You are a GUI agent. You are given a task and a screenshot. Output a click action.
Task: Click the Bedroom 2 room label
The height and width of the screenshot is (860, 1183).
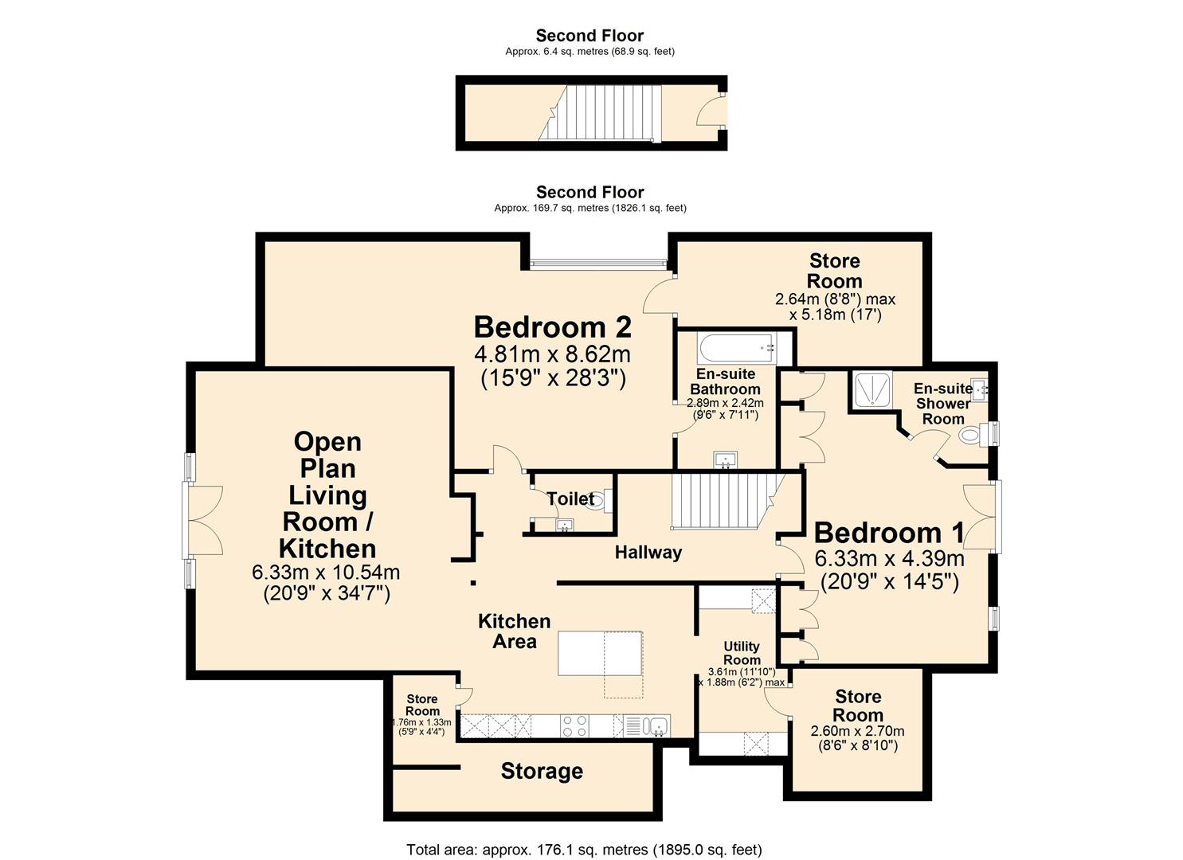pyautogui.click(x=552, y=327)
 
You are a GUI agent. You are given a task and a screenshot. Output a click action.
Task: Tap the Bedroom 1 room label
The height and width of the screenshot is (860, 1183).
pyautogui.click(x=888, y=533)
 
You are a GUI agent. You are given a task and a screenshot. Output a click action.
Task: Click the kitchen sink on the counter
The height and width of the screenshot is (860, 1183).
pyautogui.click(x=656, y=725)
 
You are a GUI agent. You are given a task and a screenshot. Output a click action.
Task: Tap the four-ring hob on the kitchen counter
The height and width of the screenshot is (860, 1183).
pyautogui.click(x=575, y=725)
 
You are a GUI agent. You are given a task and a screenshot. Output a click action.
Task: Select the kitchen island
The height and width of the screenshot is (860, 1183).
pyautogui.click(x=600, y=652)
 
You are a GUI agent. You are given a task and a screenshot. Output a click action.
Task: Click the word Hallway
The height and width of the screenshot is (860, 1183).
pyautogui.click(x=648, y=553)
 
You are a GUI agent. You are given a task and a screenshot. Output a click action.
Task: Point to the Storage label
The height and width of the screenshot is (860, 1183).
pyautogui.click(x=542, y=771)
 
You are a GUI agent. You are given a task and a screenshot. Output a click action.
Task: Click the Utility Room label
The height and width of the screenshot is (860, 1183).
pyautogui.click(x=741, y=653)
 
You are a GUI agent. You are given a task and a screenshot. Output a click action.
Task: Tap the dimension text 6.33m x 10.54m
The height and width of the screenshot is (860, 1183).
pyautogui.click(x=326, y=573)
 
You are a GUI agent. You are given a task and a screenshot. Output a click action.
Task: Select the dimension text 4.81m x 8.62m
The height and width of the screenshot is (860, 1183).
pyautogui.click(x=552, y=354)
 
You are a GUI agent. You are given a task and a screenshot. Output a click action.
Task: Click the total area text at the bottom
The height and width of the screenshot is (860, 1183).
pyautogui.click(x=584, y=850)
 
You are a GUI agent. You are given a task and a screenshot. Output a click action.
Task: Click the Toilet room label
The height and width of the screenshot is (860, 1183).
pyautogui.click(x=570, y=499)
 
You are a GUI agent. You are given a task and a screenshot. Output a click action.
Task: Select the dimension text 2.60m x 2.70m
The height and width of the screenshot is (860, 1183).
pyautogui.click(x=857, y=731)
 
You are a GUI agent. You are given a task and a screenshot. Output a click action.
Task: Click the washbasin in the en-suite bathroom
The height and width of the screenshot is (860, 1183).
pyautogui.click(x=726, y=460)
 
